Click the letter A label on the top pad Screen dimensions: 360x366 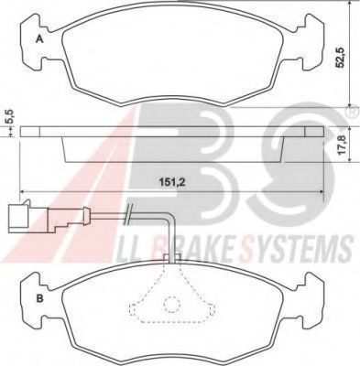[x=38, y=39]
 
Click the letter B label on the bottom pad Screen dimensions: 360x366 [x=39, y=298]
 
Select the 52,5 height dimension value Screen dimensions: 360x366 [x=341, y=58]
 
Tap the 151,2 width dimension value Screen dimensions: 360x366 [x=172, y=183]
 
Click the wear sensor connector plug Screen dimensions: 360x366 [x=18, y=216]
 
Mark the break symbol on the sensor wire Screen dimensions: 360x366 [x=128, y=214]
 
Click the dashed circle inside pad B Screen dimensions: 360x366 [x=170, y=305]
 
